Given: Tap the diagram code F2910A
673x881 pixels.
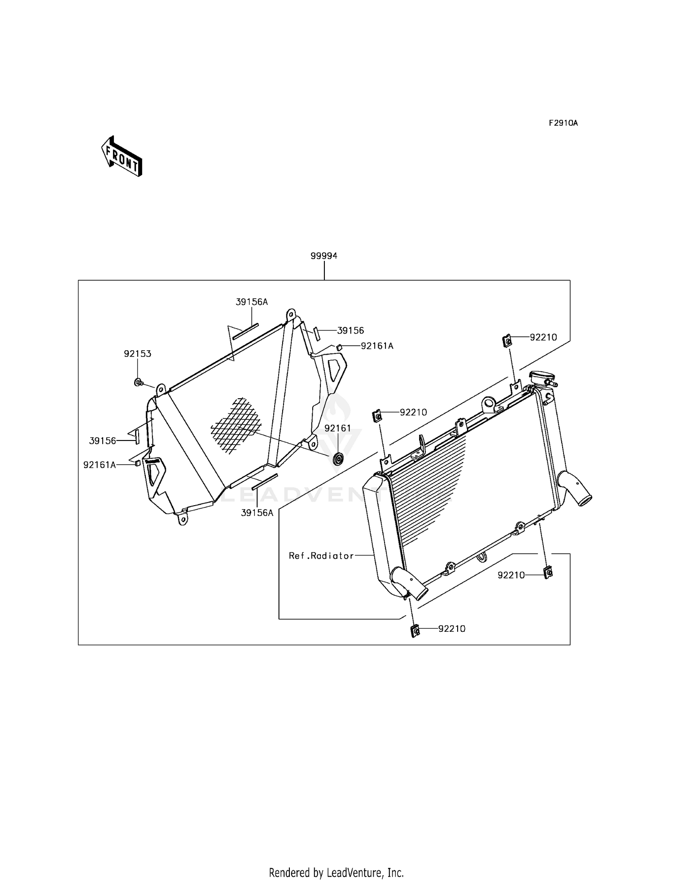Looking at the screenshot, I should [563, 123].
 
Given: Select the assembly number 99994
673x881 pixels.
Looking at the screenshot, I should [324, 256].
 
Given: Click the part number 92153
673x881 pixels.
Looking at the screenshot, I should [138, 354].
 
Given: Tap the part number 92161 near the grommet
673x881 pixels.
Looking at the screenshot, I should [338, 428].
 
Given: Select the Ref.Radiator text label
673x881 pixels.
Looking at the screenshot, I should [321, 556].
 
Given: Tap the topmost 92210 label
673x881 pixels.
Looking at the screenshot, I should [543, 338].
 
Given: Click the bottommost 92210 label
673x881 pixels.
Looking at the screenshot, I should [452, 629].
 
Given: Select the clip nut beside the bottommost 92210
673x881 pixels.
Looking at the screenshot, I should [415, 631].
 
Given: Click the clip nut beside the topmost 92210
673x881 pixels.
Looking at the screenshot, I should [507, 341].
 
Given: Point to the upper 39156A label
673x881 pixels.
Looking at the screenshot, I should [252, 302].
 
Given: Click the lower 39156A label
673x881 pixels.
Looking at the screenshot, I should [257, 513].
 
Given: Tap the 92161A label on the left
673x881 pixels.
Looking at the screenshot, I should [100, 465].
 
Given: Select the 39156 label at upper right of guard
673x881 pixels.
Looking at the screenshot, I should [350, 330].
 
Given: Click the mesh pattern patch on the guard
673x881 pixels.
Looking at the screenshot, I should [236, 424].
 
